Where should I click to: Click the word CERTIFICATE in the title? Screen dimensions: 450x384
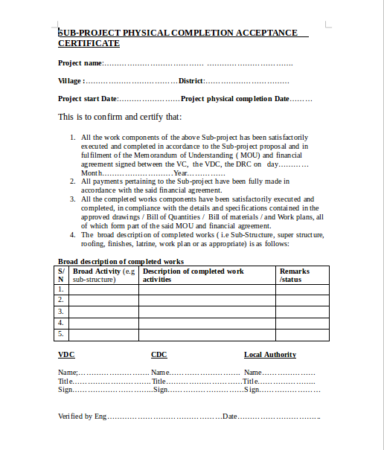tap(89, 44)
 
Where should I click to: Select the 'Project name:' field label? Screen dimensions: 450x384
tap(80, 63)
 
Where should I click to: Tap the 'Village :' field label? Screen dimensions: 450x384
tap(71, 80)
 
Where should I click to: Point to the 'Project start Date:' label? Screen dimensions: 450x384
tap(88, 98)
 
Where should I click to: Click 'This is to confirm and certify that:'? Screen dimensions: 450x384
tap(119, 117)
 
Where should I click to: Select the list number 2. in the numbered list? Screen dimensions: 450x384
tap(72, 181)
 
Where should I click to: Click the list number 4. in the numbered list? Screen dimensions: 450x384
tap(72, 234)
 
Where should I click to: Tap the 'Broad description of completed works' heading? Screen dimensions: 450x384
tap(121, 261)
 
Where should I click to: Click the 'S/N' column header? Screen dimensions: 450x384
tap(61, 275)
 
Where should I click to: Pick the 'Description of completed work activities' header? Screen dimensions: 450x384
tap(193, 275)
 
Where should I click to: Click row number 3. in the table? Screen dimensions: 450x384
tap(61, 312)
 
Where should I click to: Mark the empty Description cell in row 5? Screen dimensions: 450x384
tap(206, 335)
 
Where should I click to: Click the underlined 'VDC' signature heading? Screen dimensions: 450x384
tap(65, 355)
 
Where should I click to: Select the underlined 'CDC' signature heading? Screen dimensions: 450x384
tap(159, 355)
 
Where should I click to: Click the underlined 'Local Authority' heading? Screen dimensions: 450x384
tap(269, 355)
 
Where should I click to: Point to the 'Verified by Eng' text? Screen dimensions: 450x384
tap(82, 417)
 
